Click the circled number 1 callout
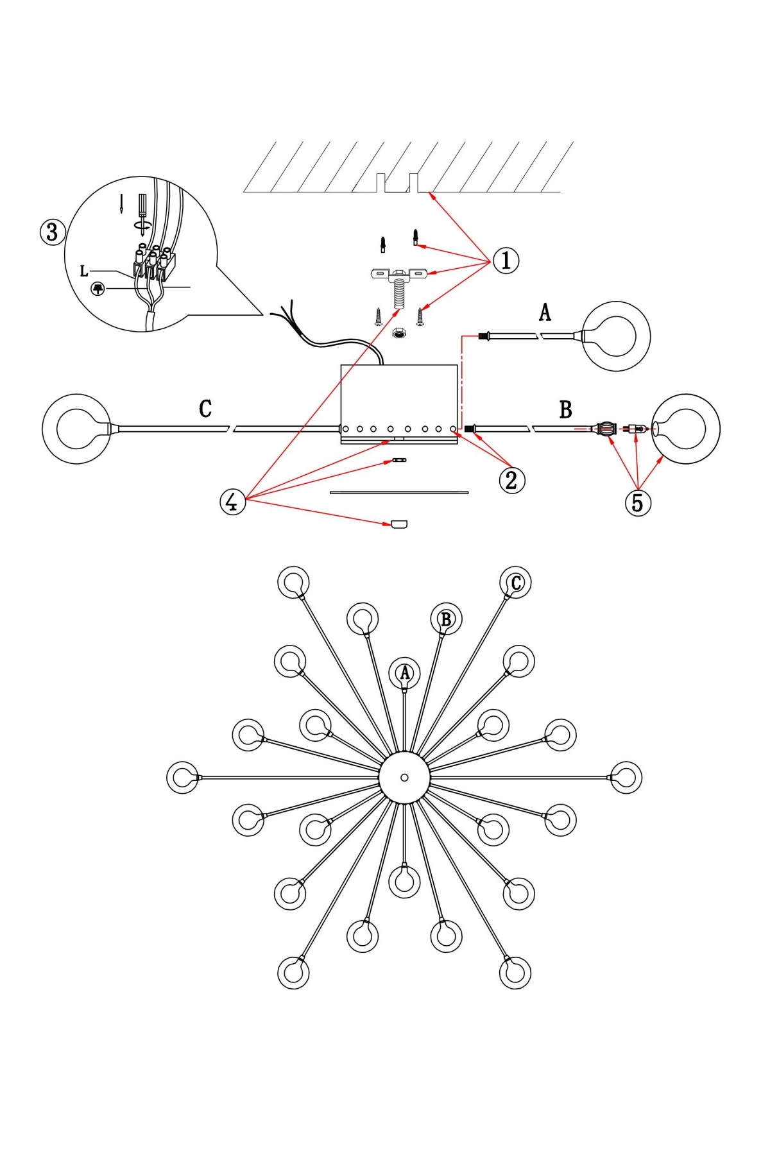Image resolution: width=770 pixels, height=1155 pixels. tap(506, 261)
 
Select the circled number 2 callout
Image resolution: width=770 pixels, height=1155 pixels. tap(511, 479)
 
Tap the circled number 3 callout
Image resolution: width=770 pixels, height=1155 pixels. tap(53, 232)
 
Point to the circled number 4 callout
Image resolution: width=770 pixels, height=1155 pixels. tap(232, 502)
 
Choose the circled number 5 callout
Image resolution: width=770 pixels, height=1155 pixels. tap(637, 502)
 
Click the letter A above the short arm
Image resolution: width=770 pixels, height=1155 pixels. tap(545, 313)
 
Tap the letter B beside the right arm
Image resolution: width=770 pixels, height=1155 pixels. tap(565, 409)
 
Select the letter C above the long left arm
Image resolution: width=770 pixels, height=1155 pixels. tap(205, 409)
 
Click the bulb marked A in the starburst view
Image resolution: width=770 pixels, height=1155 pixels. tap(405, 673)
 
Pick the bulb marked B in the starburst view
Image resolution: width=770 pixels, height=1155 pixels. tap(446, 619)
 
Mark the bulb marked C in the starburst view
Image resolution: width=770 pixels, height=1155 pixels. tap(516, 583)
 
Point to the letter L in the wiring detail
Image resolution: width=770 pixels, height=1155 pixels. tap(84, 271)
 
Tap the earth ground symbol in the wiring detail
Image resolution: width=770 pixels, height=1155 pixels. tap(98, 289)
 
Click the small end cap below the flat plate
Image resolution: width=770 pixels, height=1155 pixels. tap(398, 524)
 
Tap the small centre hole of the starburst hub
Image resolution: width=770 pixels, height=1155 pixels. tap(404, 777)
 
